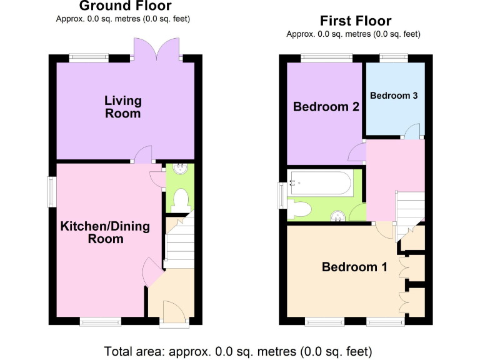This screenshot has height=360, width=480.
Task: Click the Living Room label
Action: click(x=122, y=107)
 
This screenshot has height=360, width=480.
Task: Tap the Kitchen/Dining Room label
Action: click(x=105, y=232)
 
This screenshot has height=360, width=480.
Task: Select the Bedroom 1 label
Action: click(x=354, y=267)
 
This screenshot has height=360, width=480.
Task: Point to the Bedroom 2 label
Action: click(x=326, y=107)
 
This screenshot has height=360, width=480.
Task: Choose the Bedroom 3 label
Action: click(x=394, y=96)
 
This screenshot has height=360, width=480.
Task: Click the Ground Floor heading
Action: click(x=125, y=7)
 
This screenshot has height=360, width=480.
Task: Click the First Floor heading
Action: click(x=356, y=21)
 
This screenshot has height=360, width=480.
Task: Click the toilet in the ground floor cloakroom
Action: click(x=181, y=199)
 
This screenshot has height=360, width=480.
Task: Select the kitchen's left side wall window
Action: click(x=51, y=192)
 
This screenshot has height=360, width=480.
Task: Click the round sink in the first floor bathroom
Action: click(x=338, y=216)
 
